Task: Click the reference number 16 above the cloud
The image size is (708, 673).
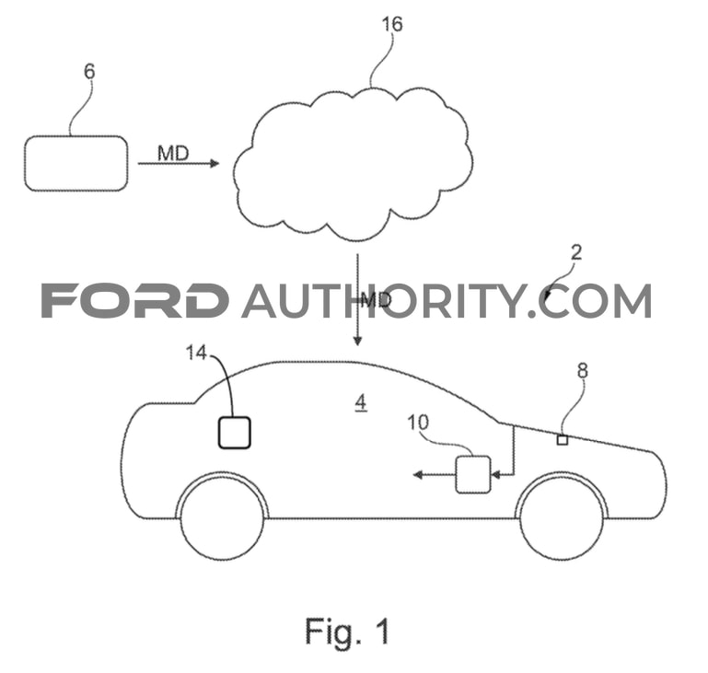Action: coord(392,24)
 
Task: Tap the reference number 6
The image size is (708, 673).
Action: coord(90,72)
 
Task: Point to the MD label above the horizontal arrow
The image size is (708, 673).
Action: coord(173,154)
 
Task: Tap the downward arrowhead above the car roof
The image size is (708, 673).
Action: coord(357,341)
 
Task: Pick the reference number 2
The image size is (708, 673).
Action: coord(576,253)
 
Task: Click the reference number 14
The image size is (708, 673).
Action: coord(196,353)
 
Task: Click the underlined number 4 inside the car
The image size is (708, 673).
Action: coord(360,402)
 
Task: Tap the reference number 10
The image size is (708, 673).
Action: coord(418,423)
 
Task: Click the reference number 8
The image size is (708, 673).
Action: coord(583,371)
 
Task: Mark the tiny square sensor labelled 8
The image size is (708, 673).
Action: coord(563,440)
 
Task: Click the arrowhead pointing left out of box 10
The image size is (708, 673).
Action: coord(418,474)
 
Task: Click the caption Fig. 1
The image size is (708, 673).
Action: coord(347,631)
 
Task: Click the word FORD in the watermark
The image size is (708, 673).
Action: coord(134,300)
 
